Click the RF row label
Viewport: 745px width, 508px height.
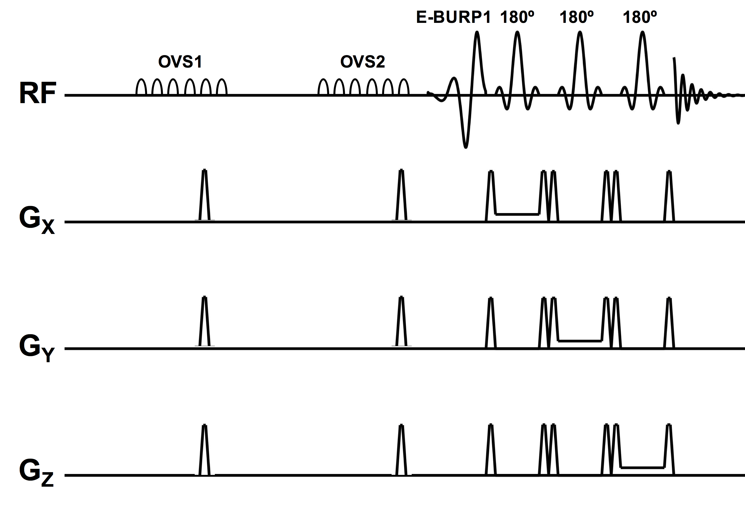tap(38, 93)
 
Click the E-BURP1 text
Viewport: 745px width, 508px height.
tap(453, 17)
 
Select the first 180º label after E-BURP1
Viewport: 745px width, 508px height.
tap(517, 17)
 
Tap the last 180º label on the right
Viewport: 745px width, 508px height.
tap(640, 17)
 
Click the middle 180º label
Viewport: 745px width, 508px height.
tap(577, 17)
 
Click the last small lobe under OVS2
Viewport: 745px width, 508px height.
tap(404, 87)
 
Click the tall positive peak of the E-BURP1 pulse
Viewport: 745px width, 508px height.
tap(477, 34)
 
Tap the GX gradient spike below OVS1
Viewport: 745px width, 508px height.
tap(205, 196)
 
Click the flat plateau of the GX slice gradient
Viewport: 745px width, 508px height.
tap(517, 214)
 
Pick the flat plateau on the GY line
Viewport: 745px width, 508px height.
tap(580, 341)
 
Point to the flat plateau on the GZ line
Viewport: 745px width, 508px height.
tap(642, 468)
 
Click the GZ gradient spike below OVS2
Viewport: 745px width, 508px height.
tap(401, 450)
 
